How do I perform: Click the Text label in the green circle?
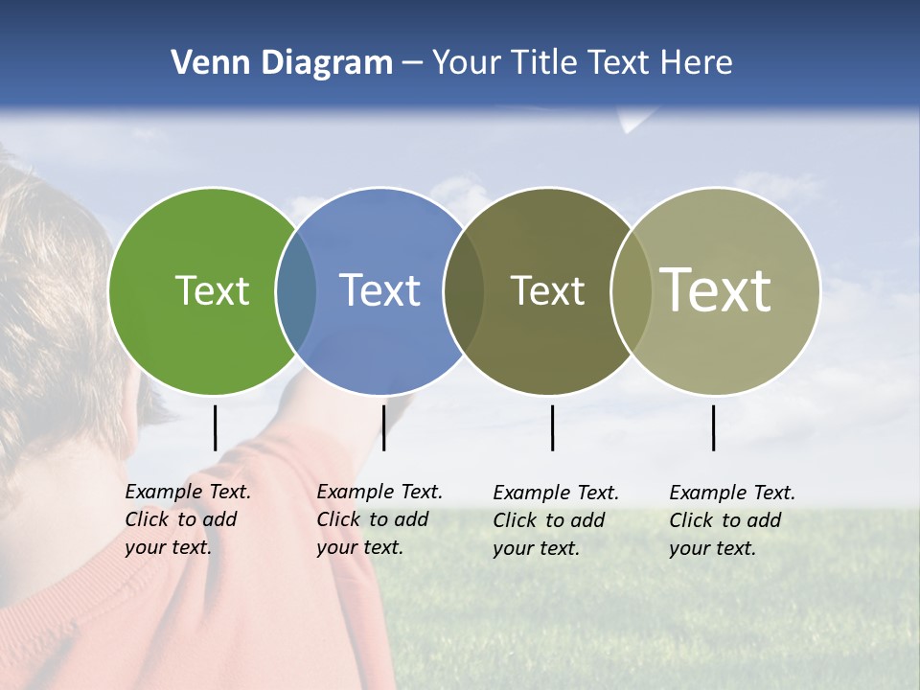(212, 290)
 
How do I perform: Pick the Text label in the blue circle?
(379, 290)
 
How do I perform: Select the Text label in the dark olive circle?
(547, 290)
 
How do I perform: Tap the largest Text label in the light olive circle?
(716, 290)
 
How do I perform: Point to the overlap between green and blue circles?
(296, 291)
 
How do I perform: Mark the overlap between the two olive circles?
(631, 291)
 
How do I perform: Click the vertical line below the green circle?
(216, 427)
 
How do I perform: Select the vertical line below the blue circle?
(383, 427)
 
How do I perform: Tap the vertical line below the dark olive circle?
(552, 427)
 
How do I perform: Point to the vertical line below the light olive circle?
(714, 427)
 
